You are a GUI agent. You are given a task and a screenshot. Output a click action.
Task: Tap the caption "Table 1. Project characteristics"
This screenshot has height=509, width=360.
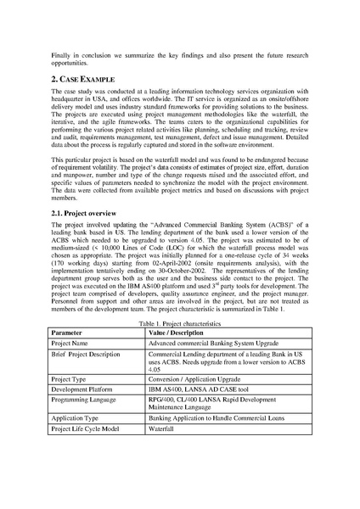click(x=179, y=325)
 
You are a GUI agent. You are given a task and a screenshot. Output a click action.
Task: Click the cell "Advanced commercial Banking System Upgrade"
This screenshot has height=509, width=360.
click(x=214, y=344)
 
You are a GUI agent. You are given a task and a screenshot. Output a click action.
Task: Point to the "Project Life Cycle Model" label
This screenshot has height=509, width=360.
click(x=86, y=430)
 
